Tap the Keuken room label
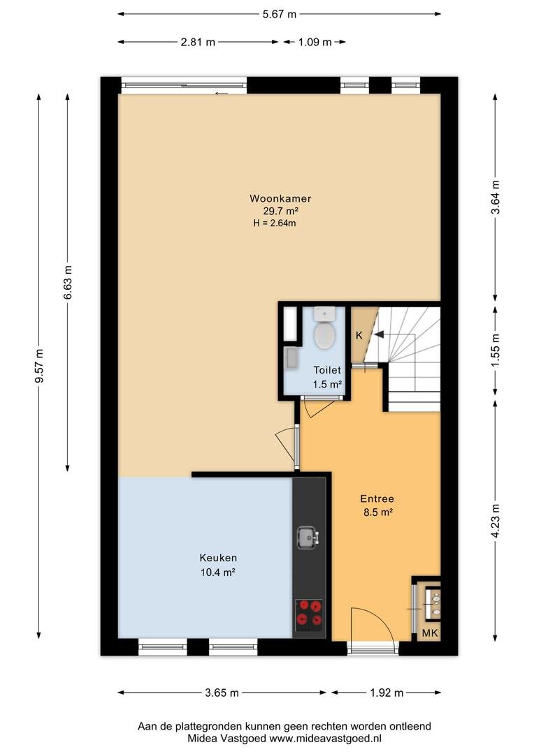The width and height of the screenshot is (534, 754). tap(218, 558)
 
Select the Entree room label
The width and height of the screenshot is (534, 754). tap(377, 498)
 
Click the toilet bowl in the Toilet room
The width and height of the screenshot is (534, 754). tap(324, 334)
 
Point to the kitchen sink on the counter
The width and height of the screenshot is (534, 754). tap(308, 538)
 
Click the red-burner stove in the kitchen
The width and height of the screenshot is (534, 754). tap(309, 615)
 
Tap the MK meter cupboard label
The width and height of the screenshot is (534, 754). tap(430, 633)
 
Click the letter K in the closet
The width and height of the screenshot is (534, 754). tap(359, 335)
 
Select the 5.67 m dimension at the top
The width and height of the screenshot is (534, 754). tap(280, 14)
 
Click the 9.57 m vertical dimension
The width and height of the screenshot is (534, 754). tap(40, 366)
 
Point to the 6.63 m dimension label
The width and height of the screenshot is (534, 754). tap(68, 282)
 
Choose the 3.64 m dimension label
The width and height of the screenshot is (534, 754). tap(496, 197)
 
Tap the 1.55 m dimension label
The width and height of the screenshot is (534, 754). tap(496, 350)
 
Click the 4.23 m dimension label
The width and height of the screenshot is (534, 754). tap(496, 522)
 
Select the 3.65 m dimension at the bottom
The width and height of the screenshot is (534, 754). tap(222, 693)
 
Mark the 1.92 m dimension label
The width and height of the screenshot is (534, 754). tap(387, 693)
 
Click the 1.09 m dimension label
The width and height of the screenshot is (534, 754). tap(315, 42)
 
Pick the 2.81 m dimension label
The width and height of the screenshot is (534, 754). tap(198, 42)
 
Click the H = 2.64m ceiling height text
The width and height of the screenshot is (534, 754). tap(275, 223)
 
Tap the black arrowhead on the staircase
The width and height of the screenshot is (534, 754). tap(379, 334)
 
